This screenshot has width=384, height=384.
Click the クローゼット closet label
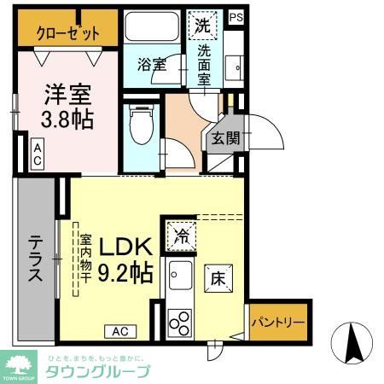tap(67, 33)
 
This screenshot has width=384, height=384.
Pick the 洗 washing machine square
tap(203, 25)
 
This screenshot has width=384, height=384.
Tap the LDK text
tap(126, 247)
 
